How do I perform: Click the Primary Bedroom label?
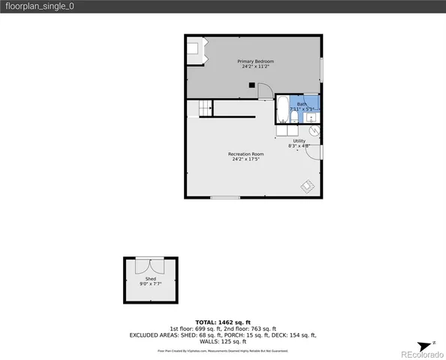point(255,61)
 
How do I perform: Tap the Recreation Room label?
point(246,154)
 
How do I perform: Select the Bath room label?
point(301,103)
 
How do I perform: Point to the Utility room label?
point(299,140)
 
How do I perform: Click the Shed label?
point(151,279)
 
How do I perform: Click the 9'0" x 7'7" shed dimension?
point(151,285)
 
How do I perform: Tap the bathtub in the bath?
point(283,110)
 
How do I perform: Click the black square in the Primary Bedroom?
point(253,85)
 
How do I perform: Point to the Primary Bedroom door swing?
point(265,91)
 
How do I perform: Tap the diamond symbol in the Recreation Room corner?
point(308,185)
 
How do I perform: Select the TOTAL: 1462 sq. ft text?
point(223,321)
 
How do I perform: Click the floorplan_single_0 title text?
point(38,6)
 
